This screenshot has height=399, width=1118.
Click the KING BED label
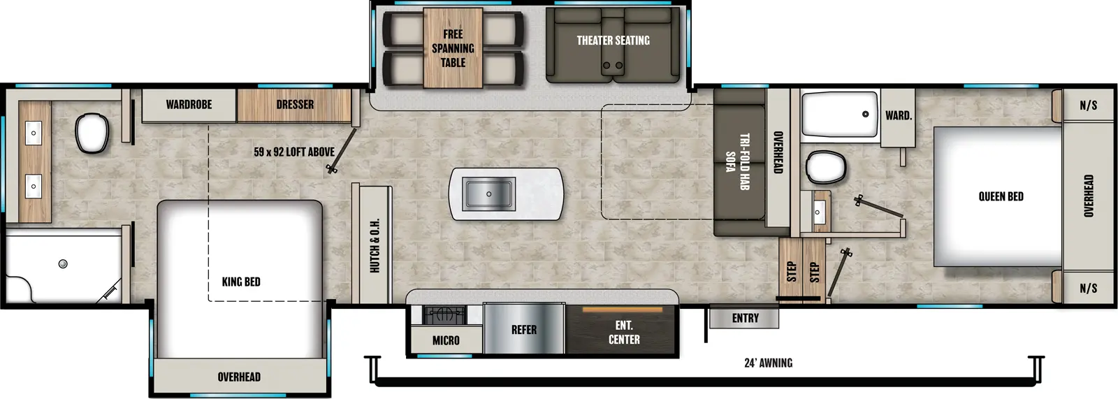point(241,282)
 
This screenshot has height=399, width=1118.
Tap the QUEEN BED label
point(1001,196)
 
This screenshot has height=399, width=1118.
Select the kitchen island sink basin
point(489,194)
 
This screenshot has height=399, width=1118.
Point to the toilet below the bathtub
point(825,167)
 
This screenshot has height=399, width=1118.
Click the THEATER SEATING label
point(613,41)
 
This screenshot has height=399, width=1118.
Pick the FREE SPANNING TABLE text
point(453,48)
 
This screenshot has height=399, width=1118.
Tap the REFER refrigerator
point(523,330)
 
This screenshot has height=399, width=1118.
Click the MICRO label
point(446,340)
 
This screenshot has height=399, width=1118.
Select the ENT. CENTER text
point(624,333)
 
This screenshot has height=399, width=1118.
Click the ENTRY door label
point(745,318)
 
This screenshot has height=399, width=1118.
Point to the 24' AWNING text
point(768,363)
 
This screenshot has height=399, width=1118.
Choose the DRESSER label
point(294,104)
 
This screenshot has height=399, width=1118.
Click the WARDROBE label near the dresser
point(189,104)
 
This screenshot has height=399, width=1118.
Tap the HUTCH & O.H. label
point(375,245)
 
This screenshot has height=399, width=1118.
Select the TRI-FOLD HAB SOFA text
point(737,161)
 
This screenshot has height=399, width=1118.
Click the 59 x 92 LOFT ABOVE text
point(293,152)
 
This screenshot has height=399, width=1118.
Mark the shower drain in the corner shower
point(63,263)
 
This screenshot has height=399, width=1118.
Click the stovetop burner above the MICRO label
point(444,315)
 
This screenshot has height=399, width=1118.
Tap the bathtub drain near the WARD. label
point(865,114)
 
